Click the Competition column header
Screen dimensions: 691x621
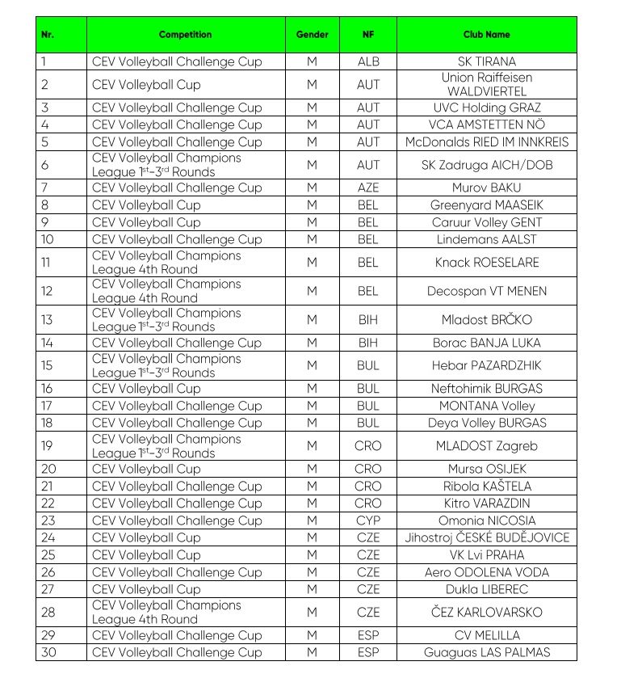pos(185,35)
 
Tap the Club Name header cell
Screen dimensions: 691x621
pos(486,35)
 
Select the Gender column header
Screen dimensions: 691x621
pos(312,35)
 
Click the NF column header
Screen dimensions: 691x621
pos(367,35)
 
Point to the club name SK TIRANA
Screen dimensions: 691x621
pos(486,61)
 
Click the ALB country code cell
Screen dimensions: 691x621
pos(367,61)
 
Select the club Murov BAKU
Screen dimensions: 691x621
pos(486,187)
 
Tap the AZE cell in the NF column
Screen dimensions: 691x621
pos(367,187)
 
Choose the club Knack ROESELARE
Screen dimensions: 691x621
pos(486,263)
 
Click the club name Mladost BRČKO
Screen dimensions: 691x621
pos(486,320)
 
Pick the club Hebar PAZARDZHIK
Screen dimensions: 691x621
pos(486,365)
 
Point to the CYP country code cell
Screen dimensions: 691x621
pos(367,520)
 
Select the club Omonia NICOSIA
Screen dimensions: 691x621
pos(486,520)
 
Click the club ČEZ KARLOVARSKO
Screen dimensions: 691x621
pos(486,613)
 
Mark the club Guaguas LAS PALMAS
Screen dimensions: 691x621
pos(486,652)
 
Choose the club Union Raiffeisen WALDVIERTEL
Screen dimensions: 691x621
pos(486,85)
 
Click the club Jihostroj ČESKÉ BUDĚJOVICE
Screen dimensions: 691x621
pos(486,537)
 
